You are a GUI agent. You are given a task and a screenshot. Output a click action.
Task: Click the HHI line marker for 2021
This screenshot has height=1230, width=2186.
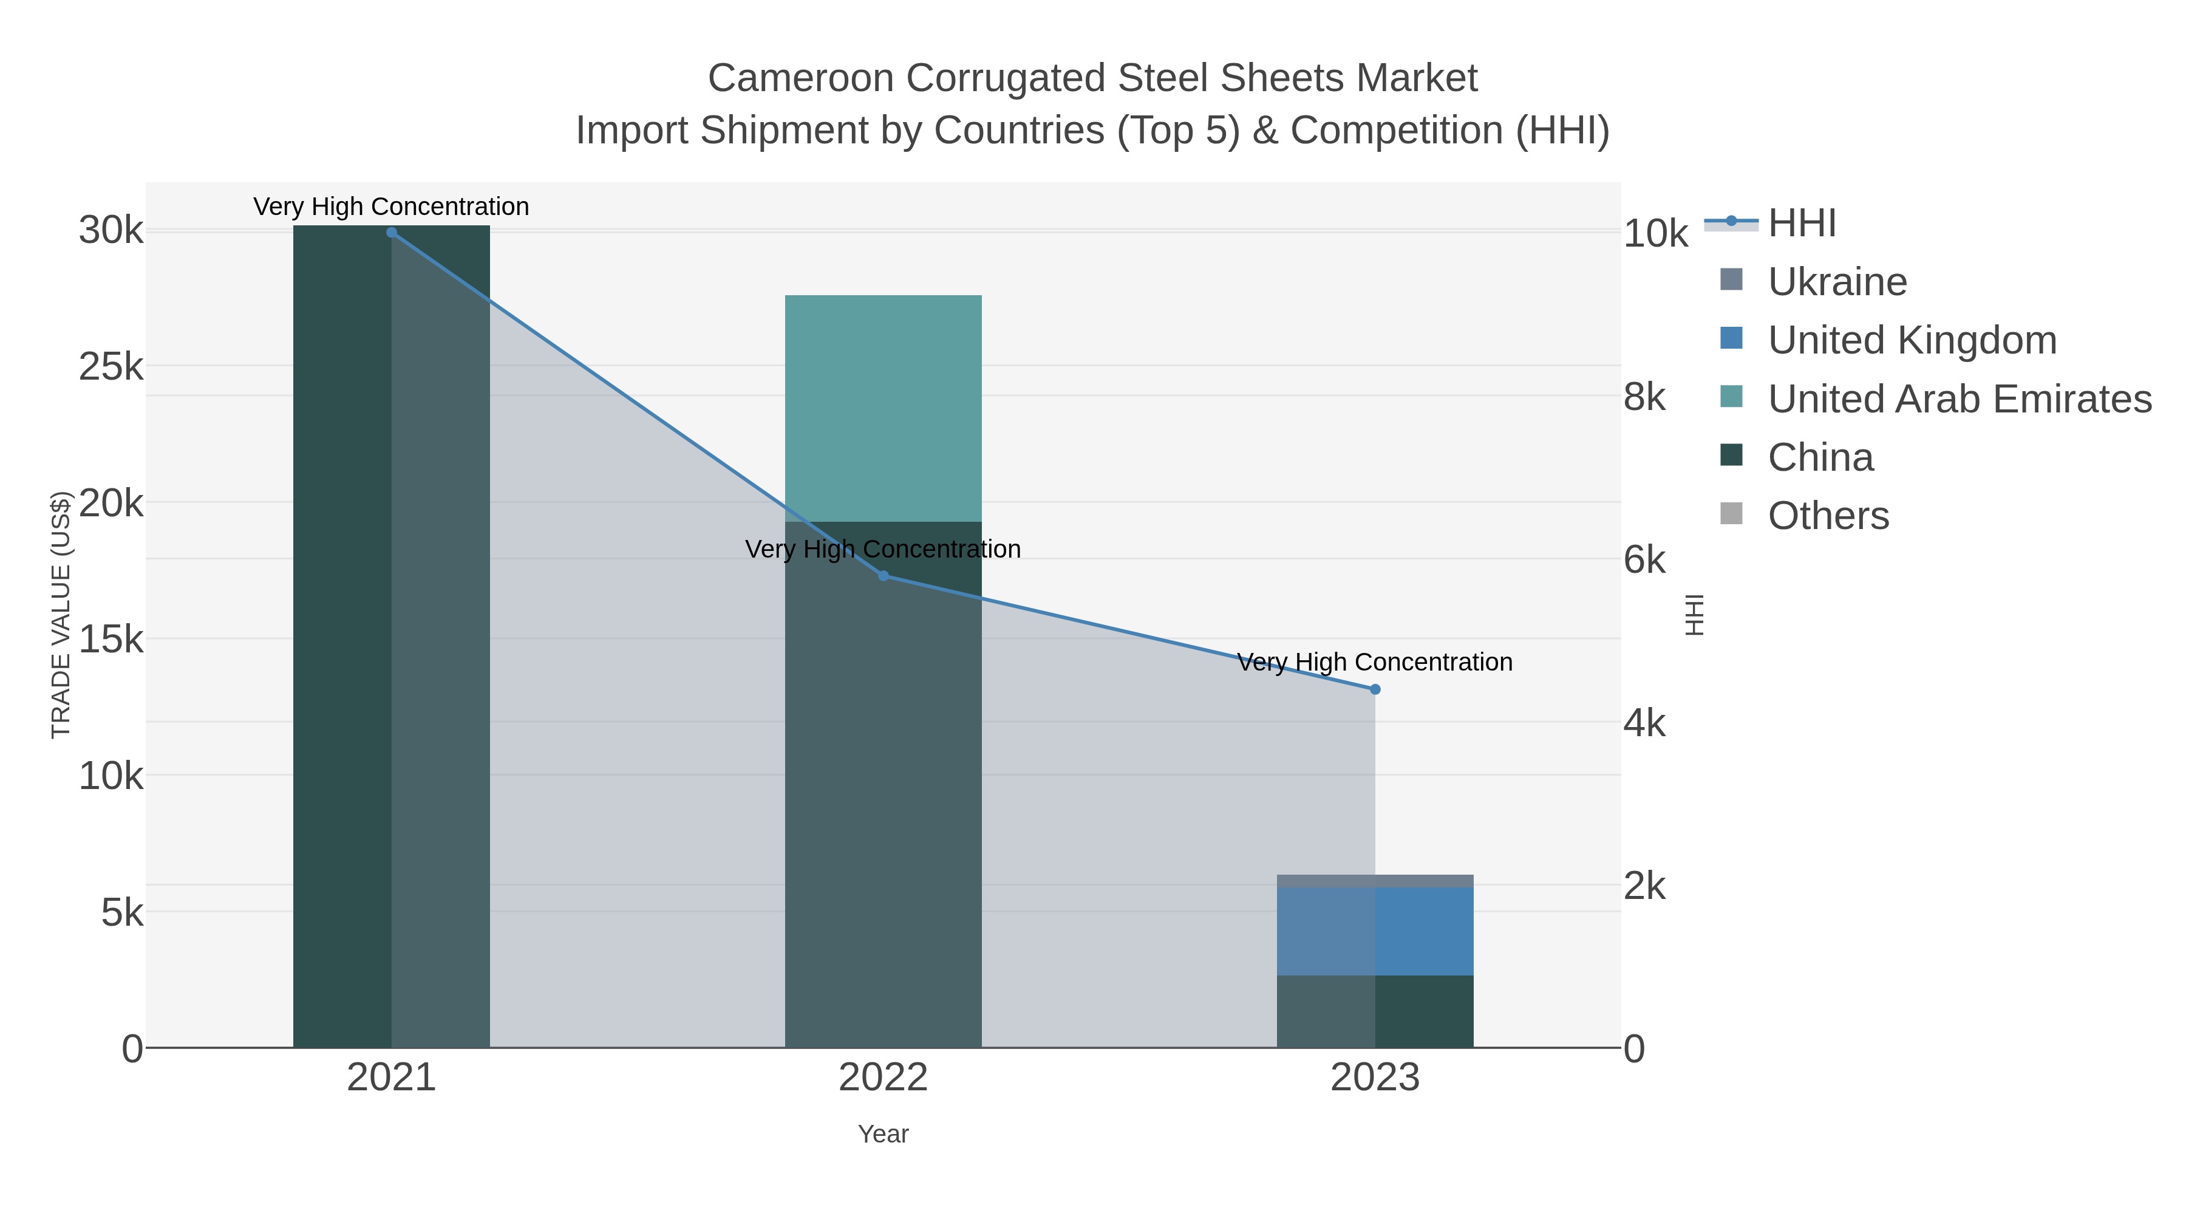(x=391, y=233)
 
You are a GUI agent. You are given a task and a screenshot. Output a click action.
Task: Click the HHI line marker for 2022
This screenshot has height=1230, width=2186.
(x=884, y=576)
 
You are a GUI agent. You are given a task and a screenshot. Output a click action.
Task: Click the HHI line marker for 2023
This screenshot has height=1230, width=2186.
(x=1375, y=689)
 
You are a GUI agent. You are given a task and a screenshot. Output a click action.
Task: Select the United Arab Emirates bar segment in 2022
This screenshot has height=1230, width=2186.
(x=884, y=408)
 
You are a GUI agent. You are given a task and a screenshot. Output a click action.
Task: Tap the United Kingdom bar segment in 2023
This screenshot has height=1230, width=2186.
(x=1375, y=931)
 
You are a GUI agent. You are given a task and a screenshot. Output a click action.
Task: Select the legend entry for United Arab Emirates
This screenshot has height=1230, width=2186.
(x=1958, y=399)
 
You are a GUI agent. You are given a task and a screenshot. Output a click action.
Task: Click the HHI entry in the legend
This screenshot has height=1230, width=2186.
(x=1801, y=224)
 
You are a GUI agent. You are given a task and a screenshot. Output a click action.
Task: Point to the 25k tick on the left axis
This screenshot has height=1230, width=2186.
(x=111, y=367)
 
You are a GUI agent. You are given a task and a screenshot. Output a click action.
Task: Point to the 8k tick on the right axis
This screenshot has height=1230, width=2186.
(x=1644, y=397)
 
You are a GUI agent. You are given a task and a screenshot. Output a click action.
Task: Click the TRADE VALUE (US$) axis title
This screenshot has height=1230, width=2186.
(x=61, y=615)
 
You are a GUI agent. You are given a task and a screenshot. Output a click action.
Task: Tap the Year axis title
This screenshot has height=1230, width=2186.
(x=884, y=1134)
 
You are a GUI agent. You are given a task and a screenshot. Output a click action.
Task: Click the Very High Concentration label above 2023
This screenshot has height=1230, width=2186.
(x=1375, y=662)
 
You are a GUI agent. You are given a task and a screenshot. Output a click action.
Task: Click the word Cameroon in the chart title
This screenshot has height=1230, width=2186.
(x=800, y=78)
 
